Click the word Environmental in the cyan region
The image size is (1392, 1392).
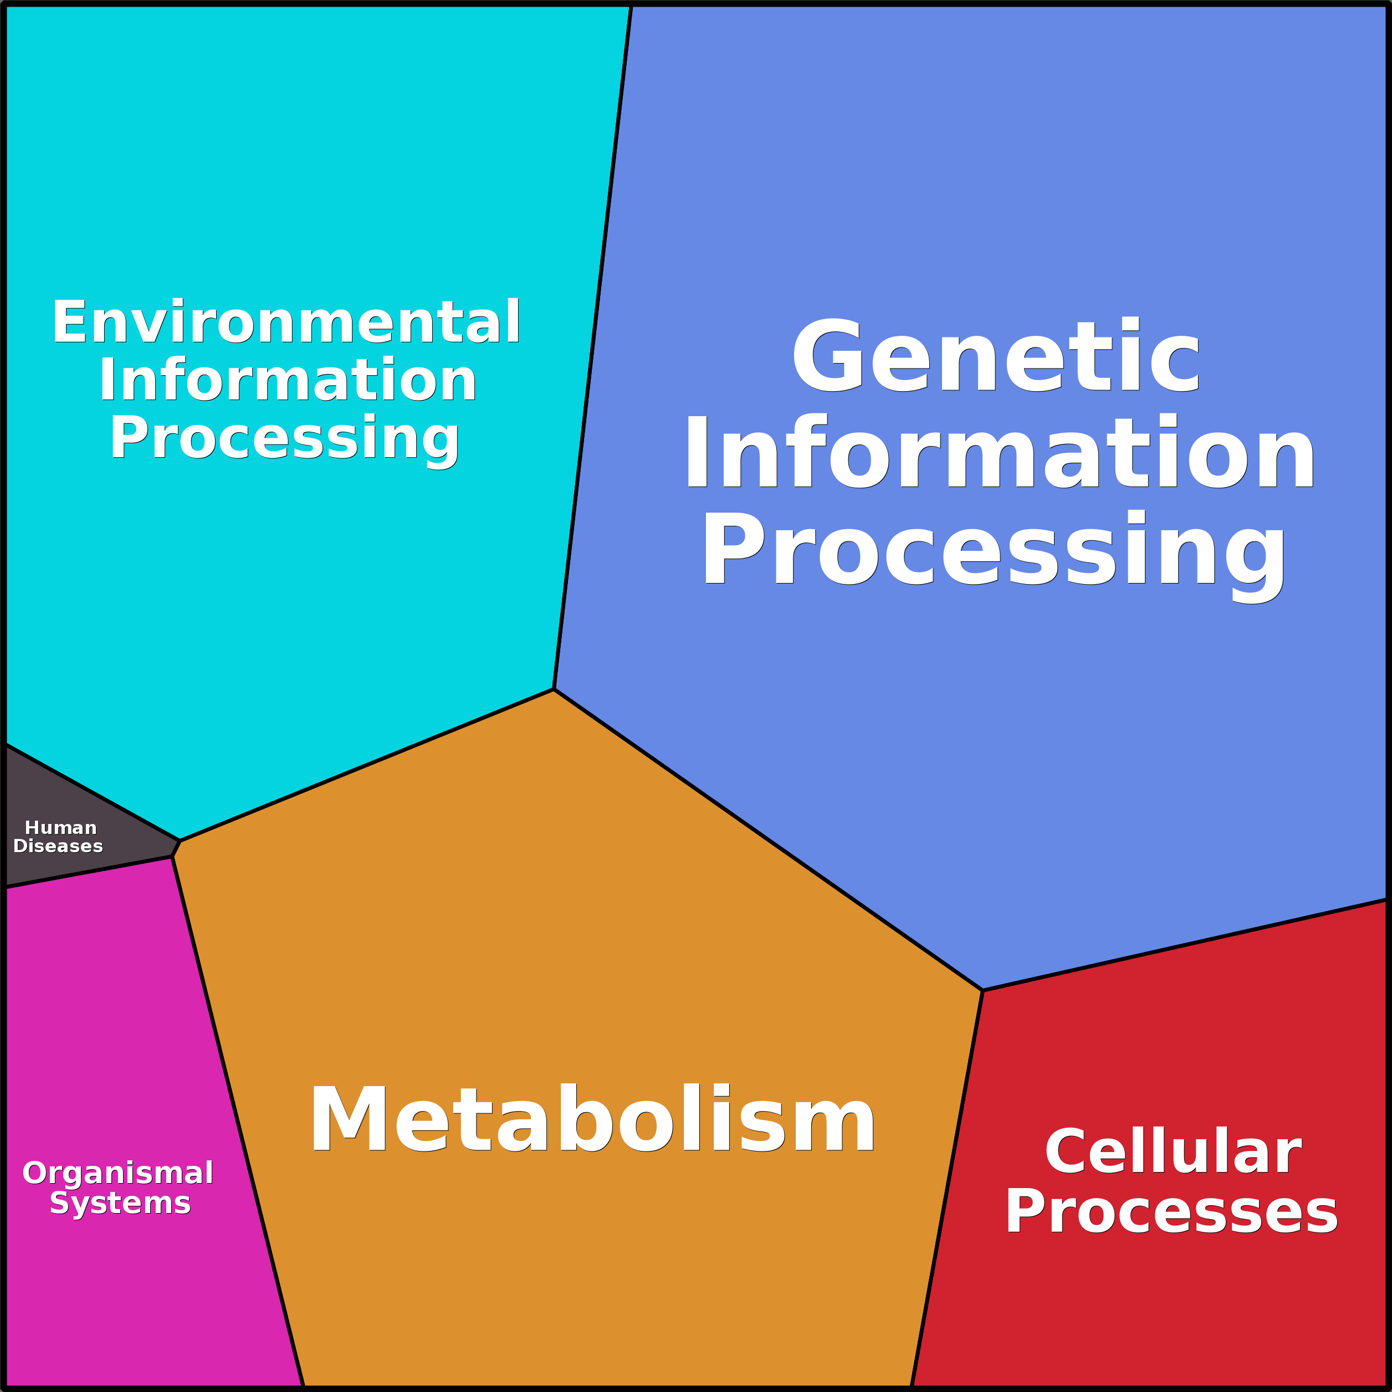[285, 322]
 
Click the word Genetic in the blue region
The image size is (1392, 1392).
[996, 357]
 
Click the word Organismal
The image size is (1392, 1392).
[117, 1173]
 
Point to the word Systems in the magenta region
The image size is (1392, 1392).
[120, 1202]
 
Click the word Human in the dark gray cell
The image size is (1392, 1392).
[60, 828]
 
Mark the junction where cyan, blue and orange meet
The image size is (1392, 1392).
[554, 689]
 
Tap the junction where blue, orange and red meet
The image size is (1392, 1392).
[982, 991]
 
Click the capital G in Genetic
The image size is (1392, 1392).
[827, 357]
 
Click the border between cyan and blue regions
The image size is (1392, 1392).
[592, 346]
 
